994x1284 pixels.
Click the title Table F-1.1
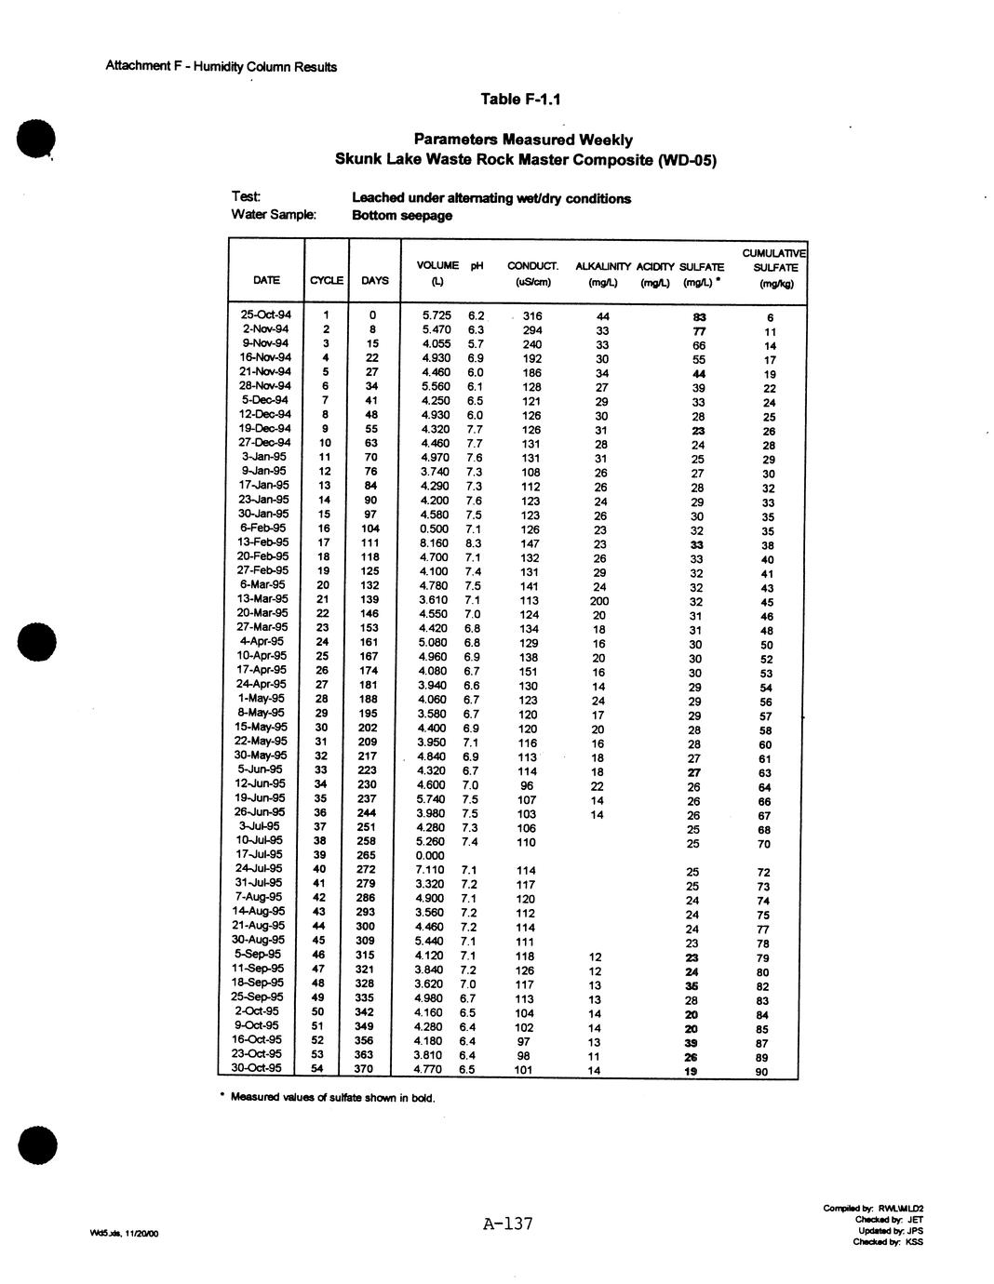coord(521,100)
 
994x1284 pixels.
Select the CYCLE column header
coord(326,280)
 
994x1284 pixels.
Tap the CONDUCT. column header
coord(532,266)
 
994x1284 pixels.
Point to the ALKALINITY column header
coord(603,267)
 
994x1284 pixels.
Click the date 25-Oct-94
coord(266,314)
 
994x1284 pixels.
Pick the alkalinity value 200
coord(599,601)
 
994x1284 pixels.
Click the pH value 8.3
coord(473,543)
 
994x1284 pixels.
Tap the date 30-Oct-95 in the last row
coord(262,1068)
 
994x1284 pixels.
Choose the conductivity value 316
coord(531,316)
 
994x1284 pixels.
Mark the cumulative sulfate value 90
coord(763,1071)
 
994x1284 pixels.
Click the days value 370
coord(364,1069)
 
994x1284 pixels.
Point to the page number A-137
coord(507,1224)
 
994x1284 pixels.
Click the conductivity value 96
coord(528,784)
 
